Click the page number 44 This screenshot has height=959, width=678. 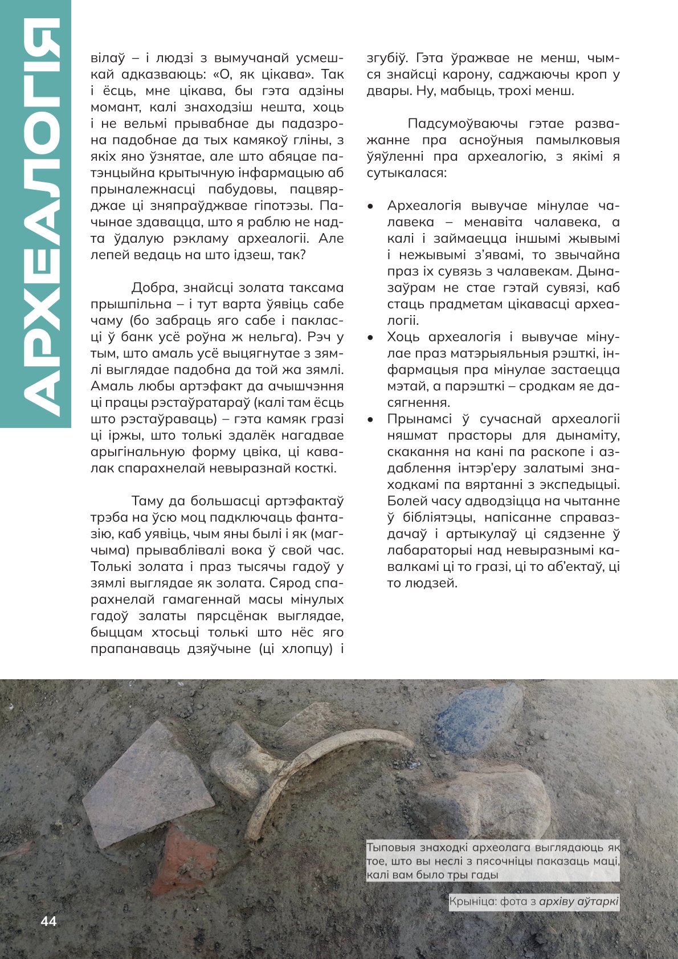(x=48, y=921)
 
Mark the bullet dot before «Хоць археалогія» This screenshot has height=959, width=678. (x=371, y=338)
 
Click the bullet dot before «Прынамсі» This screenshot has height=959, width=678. (x=371, y=419)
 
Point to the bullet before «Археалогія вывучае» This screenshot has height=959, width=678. (x=371, y=206)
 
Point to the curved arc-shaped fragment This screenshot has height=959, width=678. (x=319, y=764)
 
